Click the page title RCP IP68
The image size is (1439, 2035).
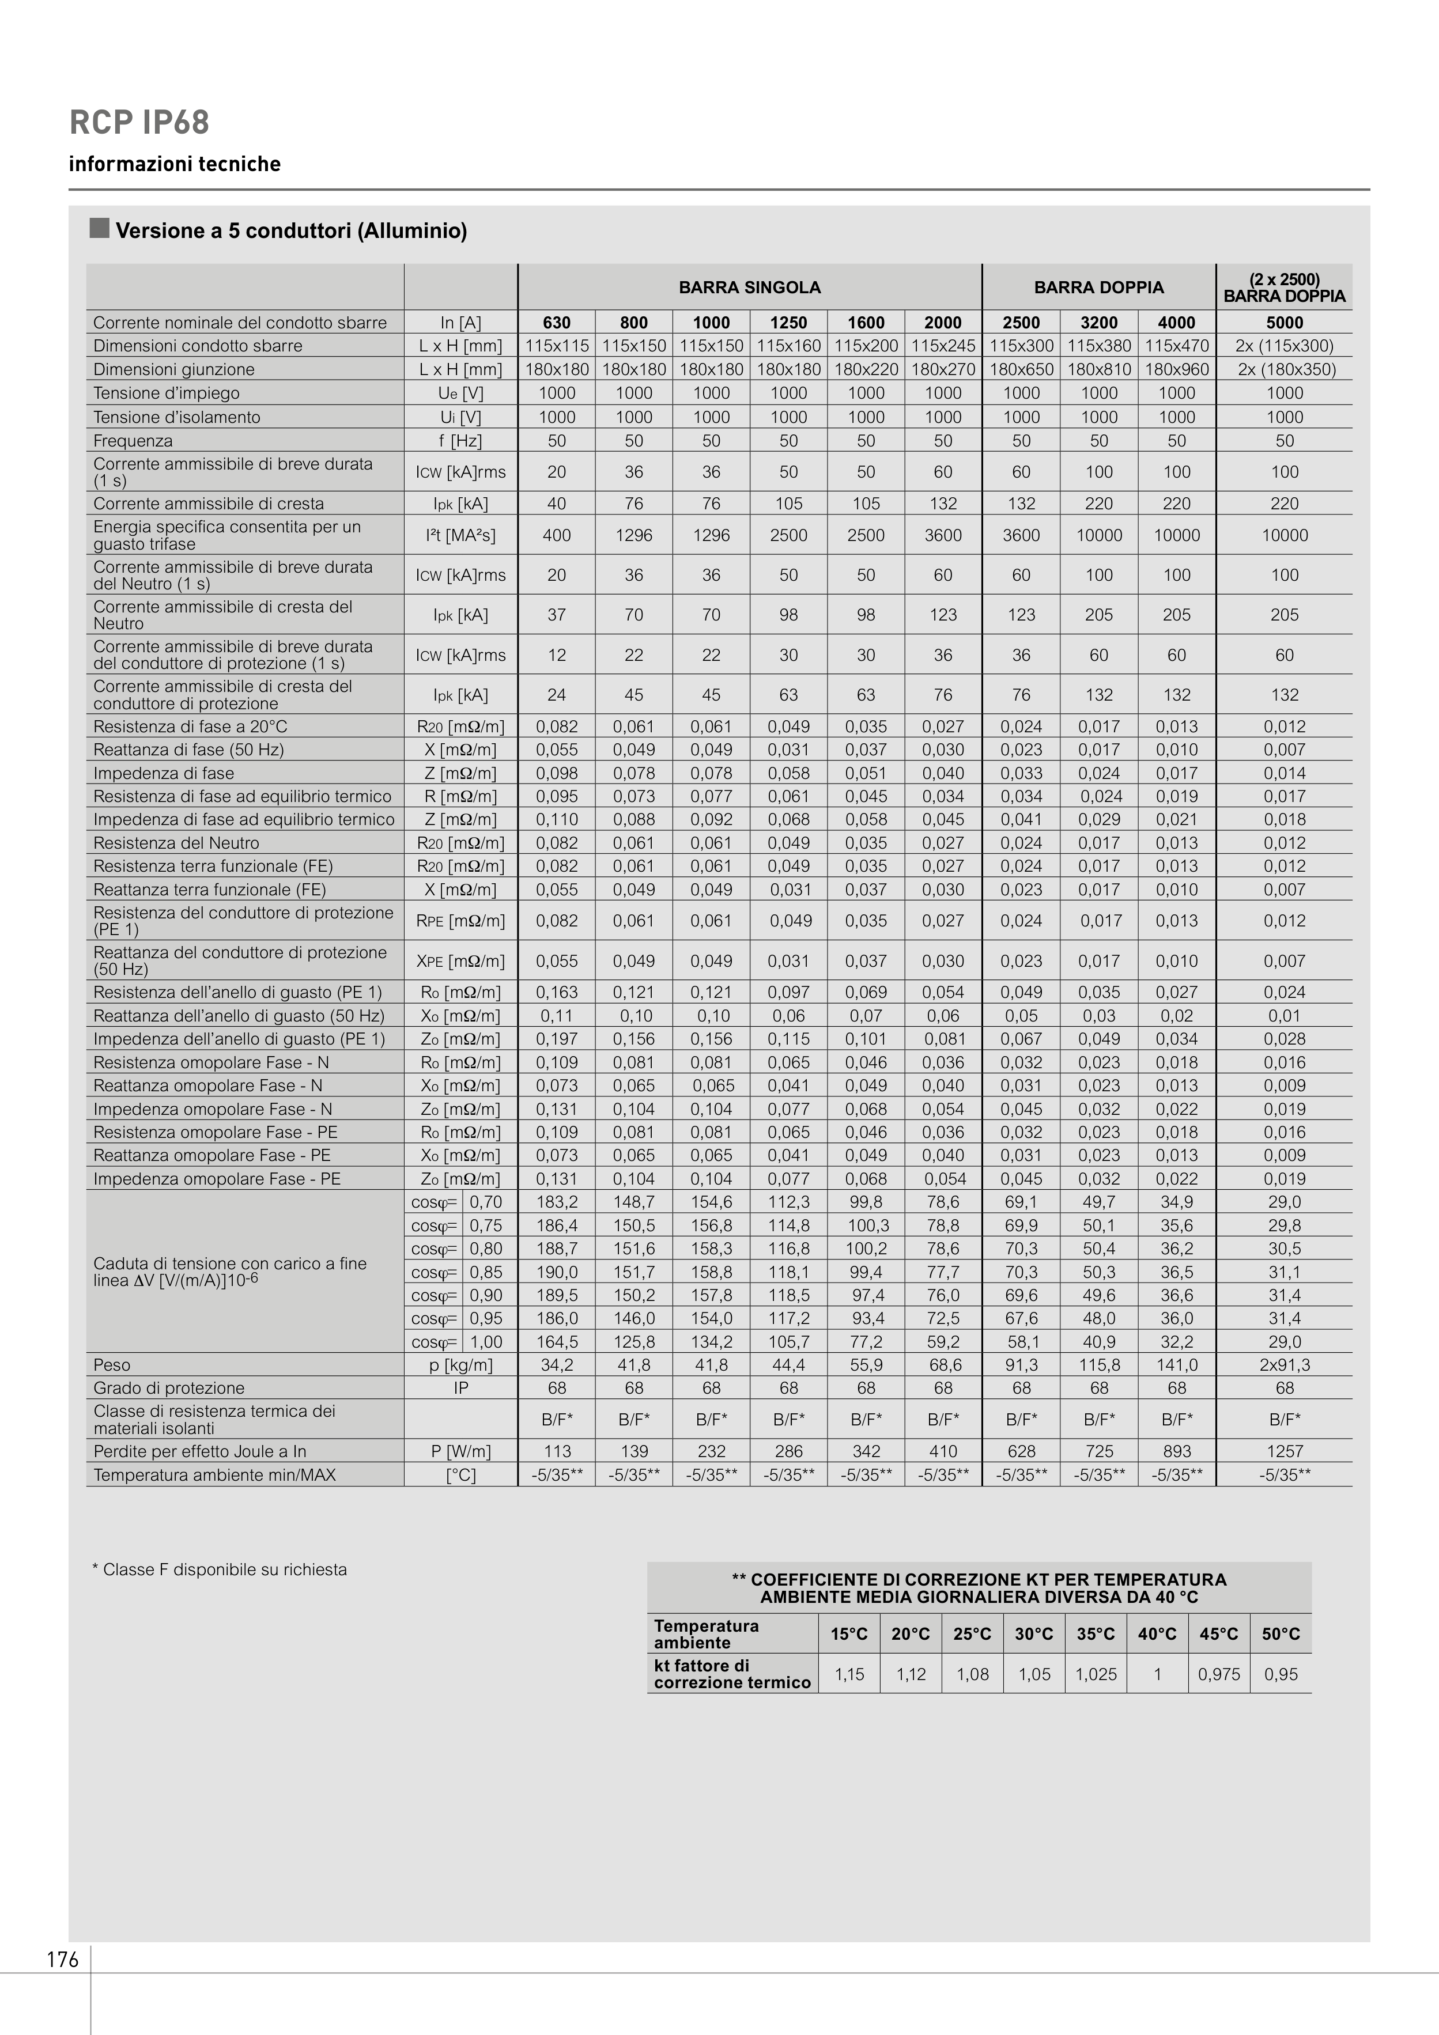click(139, 122)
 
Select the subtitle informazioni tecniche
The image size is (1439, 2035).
click(175, 164)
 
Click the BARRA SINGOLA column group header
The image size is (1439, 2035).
click(749, 287)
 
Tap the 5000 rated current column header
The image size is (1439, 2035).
click(1284, 323)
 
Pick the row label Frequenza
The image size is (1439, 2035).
click(133, 441)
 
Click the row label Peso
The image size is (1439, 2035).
click(112, 1365)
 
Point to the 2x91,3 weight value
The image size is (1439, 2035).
click(1284, 1365)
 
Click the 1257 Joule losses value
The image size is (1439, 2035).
click(1284, 1451)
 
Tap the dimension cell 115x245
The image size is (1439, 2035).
click(942, 346)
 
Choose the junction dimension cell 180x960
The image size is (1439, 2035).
click(1177, 369)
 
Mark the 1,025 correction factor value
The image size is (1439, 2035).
click(1096, 1674)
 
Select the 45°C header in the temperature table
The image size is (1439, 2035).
click(1218, 1633)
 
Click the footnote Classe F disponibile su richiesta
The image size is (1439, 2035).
click(220, 1569)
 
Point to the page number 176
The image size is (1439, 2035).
click(63, 1960)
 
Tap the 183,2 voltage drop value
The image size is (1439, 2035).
click(557, 1202)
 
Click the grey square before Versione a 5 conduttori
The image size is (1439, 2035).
click(99, 229)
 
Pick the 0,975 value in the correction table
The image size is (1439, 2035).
click(1218, 1674)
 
